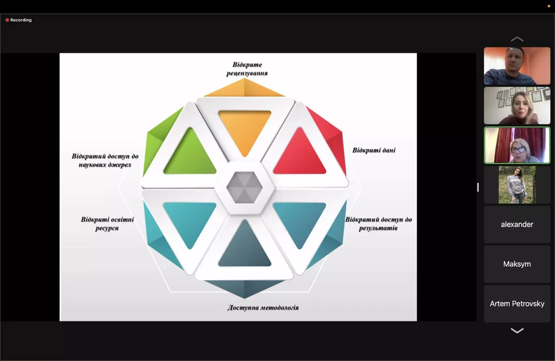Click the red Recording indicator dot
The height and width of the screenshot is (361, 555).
pos(7,20)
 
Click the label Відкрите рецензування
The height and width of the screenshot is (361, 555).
pos(247,69)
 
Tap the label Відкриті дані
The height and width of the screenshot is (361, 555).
pos(374,150)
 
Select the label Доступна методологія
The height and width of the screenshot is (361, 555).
pos(263,308)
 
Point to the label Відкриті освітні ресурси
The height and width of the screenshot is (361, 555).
pos(107,224)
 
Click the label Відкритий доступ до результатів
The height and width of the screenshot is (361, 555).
pos(379,223)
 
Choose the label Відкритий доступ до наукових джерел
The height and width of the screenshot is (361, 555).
pos(105,160)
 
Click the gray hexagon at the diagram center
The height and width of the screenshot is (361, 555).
pos(245,187)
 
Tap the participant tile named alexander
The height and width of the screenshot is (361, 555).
pos(517,224)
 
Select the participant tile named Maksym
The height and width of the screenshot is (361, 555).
pos(517,264)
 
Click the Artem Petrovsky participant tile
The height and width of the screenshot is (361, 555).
pos(517,304)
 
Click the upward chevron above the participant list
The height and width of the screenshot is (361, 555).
pos(517,39)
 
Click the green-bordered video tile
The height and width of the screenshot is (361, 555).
pos(517,145)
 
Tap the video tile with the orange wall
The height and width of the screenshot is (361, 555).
pos(517,66)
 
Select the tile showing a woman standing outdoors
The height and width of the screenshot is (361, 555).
pos(517,185)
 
